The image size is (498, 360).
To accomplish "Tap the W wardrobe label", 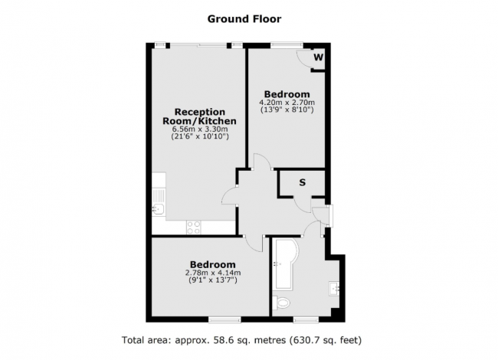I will [x=318, y=57].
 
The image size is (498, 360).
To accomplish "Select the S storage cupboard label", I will [x=302, y=182].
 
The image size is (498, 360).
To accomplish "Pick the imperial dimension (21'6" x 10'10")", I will [x=199, y=139].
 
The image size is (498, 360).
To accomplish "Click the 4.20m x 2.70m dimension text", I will [x=287, y=103].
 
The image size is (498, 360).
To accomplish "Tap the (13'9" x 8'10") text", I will [x=287, y=110].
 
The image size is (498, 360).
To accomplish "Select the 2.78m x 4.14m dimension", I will [x=213, y=273].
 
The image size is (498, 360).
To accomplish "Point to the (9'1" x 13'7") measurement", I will [x=213, y=280].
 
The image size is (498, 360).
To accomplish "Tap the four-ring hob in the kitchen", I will [x=194, y=227].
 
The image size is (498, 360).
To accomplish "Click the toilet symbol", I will [x=282, y=302].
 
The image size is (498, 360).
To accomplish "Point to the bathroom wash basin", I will [x=335, y=288].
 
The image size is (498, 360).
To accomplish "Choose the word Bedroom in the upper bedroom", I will [x=287, y=93].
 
